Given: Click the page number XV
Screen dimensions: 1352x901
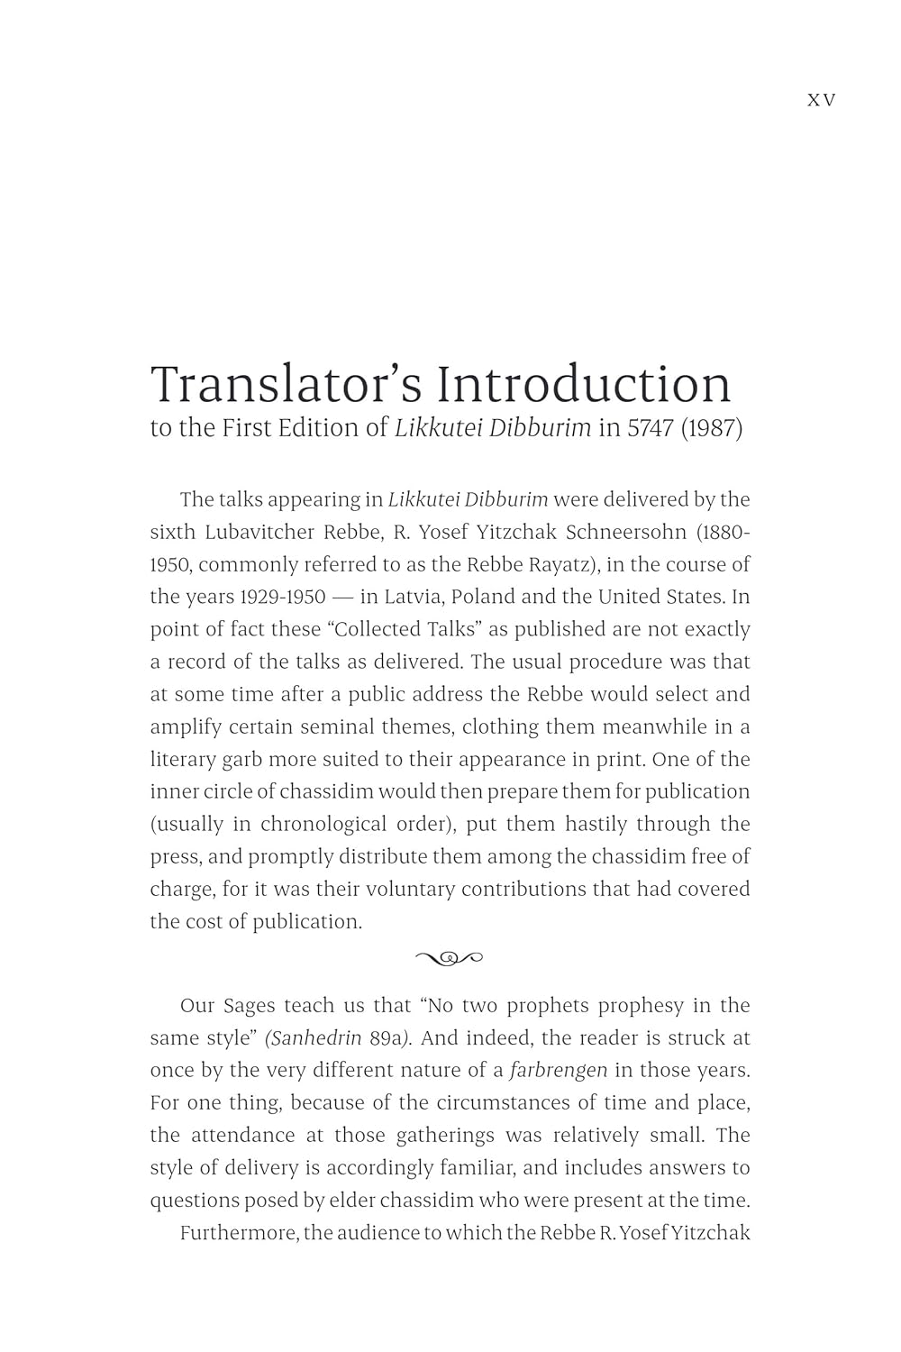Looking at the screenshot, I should pos(821,100).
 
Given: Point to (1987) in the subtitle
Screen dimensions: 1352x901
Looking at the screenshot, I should pos(712,428).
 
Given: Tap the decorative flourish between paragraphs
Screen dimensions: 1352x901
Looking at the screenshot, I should pos(449,957).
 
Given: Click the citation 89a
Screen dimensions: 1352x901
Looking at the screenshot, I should pos(389,1037).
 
